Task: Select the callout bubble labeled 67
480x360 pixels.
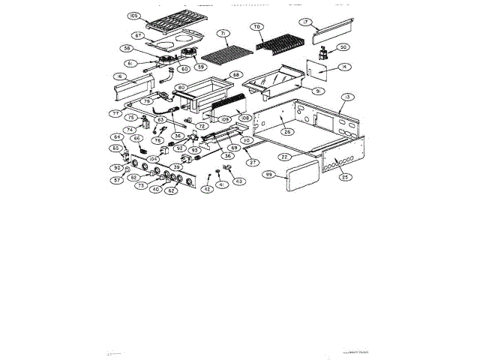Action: click(139, 35)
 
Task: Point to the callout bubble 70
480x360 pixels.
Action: click(256, 27)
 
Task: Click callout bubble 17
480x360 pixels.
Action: click(305, 22)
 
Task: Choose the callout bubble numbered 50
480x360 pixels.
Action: click(343, 47)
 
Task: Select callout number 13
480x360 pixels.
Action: click(347, 97)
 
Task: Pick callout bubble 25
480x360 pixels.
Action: click(344, 177)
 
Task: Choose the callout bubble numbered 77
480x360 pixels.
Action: click(115, 113)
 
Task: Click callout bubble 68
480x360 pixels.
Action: click(235, 75)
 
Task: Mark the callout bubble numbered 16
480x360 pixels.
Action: click(119, 76)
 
